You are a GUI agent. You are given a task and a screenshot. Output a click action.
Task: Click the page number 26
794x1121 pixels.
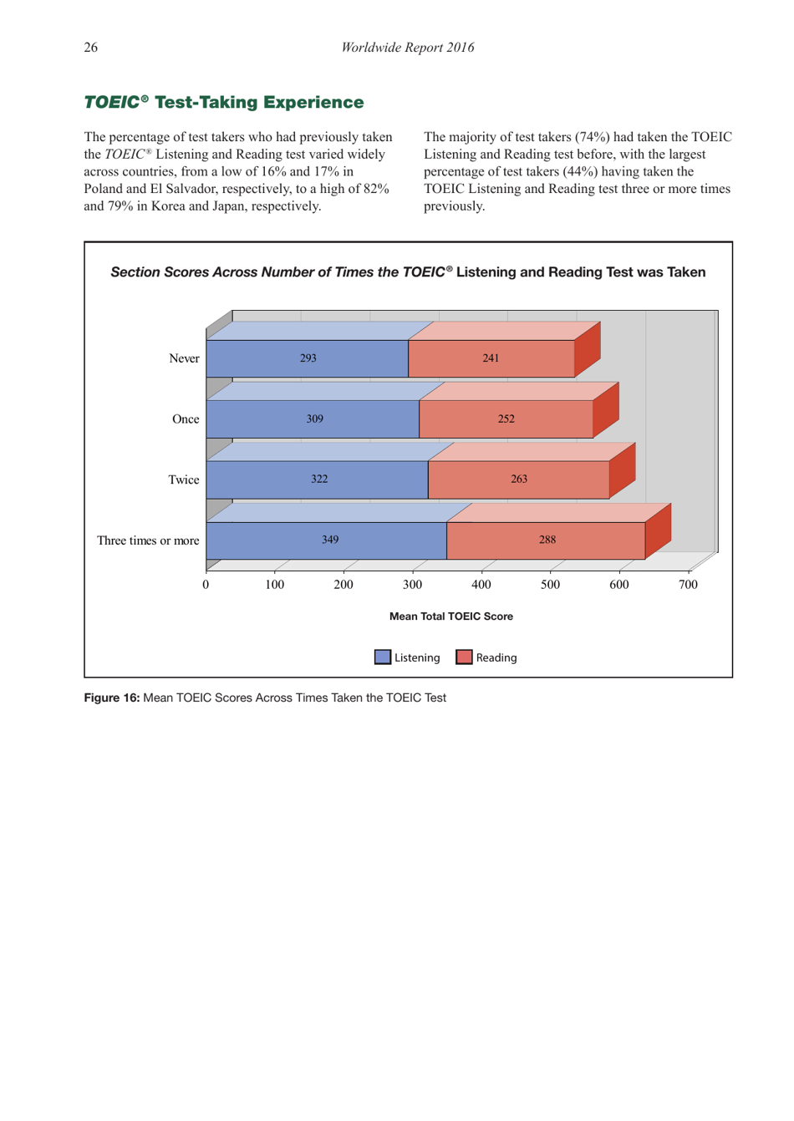click(x=90, y=48)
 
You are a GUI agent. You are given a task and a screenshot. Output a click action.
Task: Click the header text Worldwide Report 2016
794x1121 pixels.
click(x=407, y=48)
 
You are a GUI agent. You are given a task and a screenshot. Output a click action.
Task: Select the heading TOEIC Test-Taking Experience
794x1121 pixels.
click(x=223, y=102)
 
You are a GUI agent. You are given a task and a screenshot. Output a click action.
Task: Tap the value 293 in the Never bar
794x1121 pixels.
click(x=308, y=358)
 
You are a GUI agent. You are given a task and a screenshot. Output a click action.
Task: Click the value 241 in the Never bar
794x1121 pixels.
click(x=491, y=358)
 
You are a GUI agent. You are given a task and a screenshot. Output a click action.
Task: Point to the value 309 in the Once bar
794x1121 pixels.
click(x=314, y=419)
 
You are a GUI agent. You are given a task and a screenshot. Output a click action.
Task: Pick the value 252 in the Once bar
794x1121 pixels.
click(x=506, y=419)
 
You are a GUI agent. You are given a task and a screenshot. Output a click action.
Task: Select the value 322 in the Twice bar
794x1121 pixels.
click(x=319, y=479)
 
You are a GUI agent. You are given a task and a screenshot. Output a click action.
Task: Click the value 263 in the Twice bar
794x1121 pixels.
click(x=518, y=479)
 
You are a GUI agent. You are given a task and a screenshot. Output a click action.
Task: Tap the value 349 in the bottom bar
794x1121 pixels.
click(x=330, y=540)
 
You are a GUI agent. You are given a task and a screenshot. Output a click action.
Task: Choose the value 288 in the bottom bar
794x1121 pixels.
click(x=547, y=540)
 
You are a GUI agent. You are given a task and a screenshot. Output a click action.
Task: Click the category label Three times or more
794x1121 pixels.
click(x=148, y=540)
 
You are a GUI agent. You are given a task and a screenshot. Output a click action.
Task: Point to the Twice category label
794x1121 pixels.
click(x=183, y=479)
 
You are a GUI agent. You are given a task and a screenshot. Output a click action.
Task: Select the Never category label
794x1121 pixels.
click(x=184, y=358)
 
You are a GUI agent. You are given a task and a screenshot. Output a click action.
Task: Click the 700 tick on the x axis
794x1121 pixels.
click(x=687, y=585)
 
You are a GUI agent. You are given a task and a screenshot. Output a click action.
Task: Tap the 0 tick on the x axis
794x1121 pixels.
click(x=206, y=585)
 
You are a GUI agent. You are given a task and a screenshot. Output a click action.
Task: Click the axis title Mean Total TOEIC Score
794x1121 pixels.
click(x=450, y=616)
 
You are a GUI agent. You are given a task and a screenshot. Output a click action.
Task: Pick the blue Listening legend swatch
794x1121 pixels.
click(x=383, y=657)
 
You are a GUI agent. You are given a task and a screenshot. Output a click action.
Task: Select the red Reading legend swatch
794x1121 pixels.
click(x=464, y=657)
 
